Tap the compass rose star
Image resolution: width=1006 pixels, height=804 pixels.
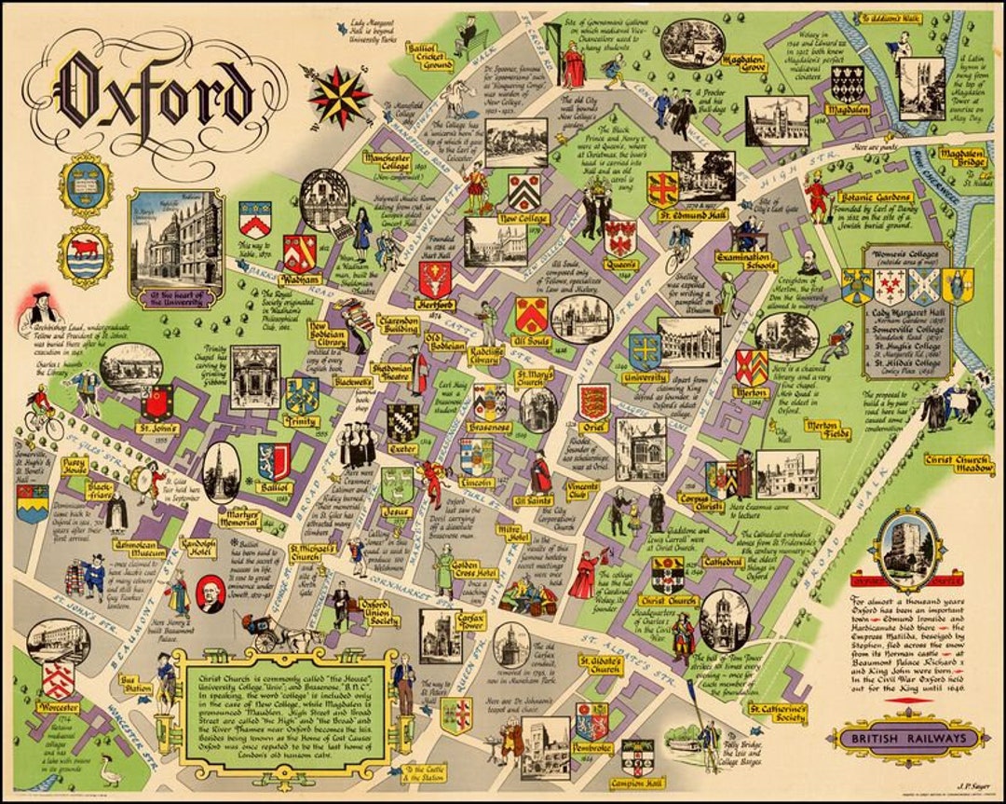340,95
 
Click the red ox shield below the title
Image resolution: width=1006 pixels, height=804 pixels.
86,255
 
